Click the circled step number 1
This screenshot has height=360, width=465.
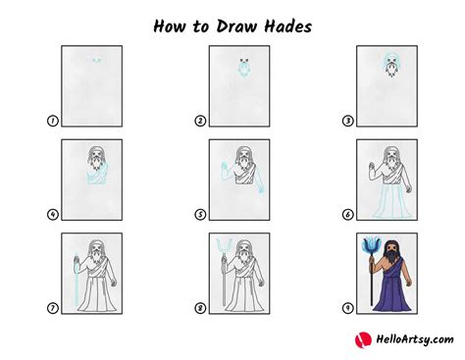coord(51,121)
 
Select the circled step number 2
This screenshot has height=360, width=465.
coord(200,121)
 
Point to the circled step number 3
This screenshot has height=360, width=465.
coord(348,121)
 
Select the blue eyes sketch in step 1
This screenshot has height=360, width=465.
coord(95,60)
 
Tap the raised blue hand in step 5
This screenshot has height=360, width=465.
coord(225,166)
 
